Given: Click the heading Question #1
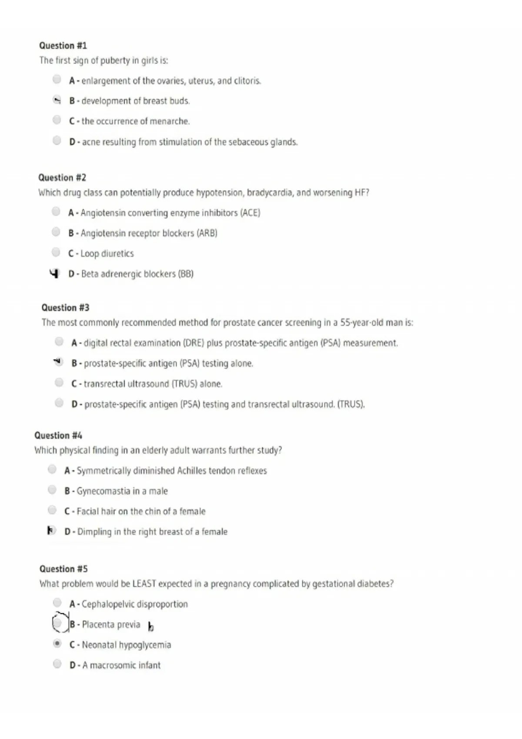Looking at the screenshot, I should [x=63, y=46].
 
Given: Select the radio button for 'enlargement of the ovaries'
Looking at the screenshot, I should [x=57, y=79].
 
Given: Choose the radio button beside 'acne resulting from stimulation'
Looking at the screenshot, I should [x=57, y=140].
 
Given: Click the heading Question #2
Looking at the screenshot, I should [x=62, y=177].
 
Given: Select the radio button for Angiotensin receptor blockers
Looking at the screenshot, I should [x=56, y=232].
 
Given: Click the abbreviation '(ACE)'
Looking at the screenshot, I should [x=250, y=213].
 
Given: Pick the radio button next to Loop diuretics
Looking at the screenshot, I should [x=56, y=252].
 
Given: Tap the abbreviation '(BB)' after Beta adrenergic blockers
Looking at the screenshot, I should [x=186, y=274].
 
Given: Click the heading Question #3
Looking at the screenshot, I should [x=65, y=308].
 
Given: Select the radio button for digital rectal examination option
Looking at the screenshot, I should [x=59, y=342].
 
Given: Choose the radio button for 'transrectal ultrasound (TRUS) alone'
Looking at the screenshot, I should [x=59, y=382].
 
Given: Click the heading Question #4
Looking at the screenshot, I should [x=58, y=436].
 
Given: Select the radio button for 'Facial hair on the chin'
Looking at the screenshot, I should [x=52, y=510].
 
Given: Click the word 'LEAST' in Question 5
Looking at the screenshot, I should [x=144, y=584].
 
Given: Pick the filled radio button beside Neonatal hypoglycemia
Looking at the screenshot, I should [x=57, y=643].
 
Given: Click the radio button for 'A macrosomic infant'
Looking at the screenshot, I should [x=57, y=664].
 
